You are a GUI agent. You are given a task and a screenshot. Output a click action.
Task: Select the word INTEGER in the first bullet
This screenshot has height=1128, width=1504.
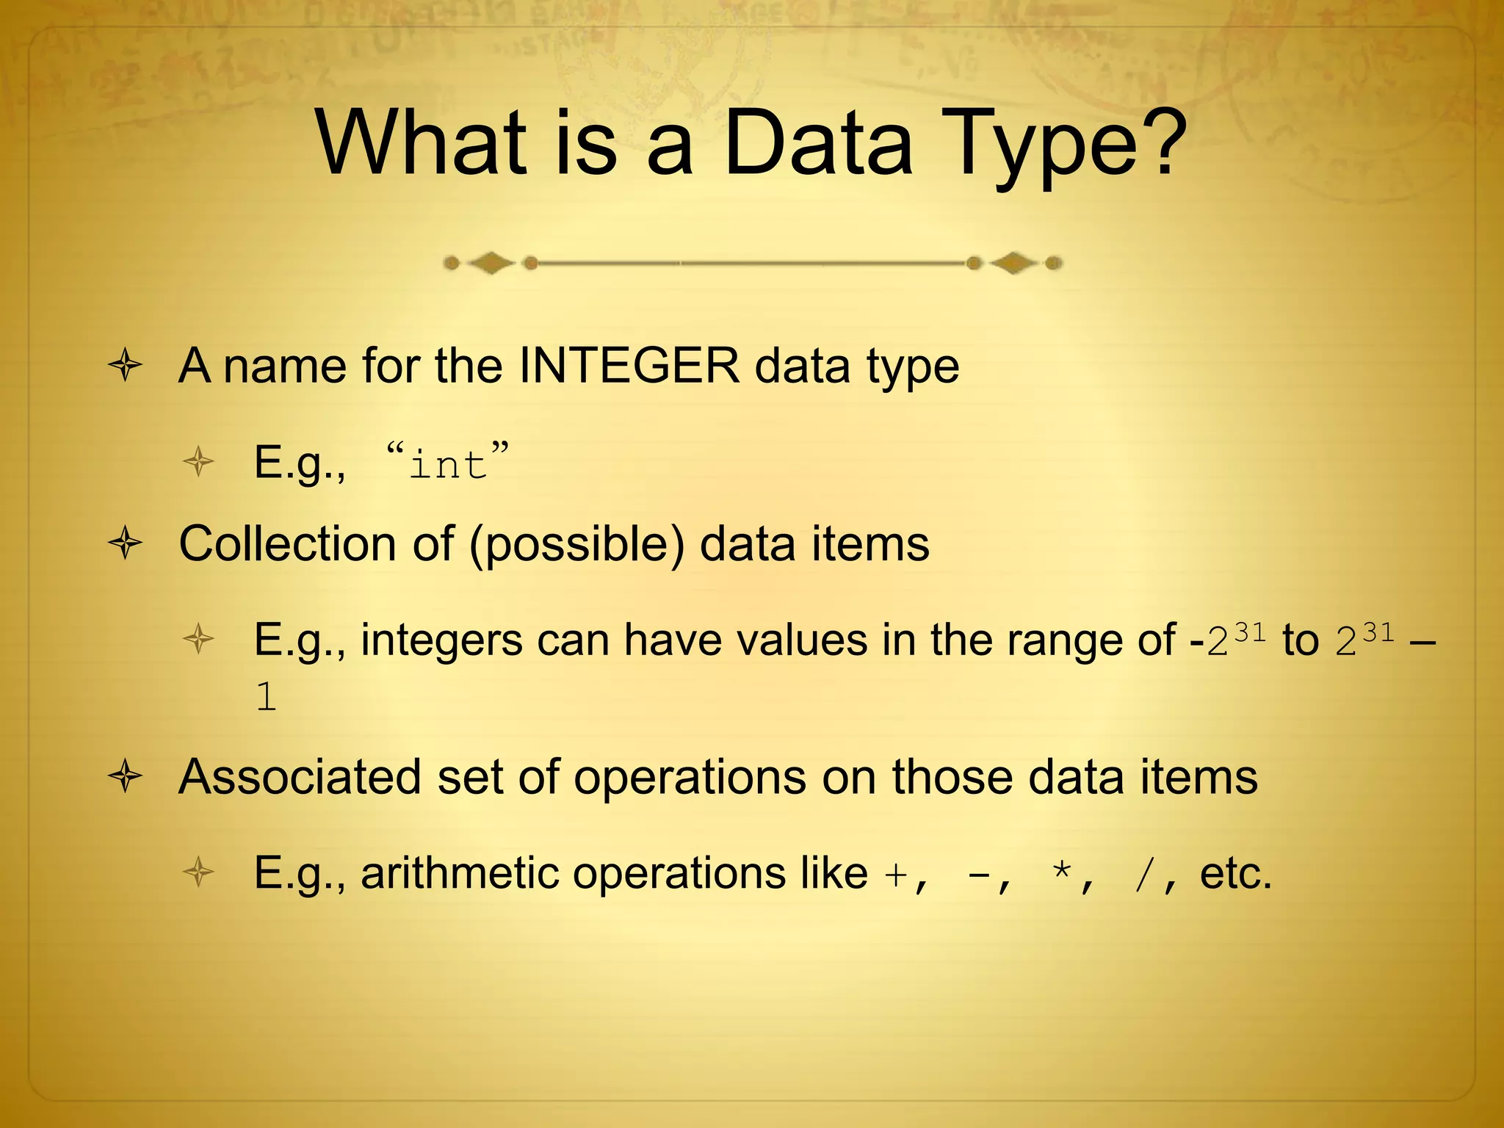pos(629,366)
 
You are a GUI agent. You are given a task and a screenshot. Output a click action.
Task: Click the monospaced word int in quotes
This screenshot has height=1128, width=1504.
pos(448,465)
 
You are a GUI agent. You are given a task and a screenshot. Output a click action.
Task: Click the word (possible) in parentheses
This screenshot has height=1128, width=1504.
pos(577,546)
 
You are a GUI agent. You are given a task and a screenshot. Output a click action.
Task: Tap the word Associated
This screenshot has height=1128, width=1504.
pos(300,777)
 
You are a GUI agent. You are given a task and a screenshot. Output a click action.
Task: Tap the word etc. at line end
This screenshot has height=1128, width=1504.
pos(1235,874)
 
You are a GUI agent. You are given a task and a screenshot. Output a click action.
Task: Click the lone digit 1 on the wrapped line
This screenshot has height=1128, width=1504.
pos(266,697)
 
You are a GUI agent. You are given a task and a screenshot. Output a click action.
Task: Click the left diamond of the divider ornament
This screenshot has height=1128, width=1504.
pos(491,263)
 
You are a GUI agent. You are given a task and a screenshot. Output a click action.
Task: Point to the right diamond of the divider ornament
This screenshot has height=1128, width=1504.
pos(1013,263)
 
